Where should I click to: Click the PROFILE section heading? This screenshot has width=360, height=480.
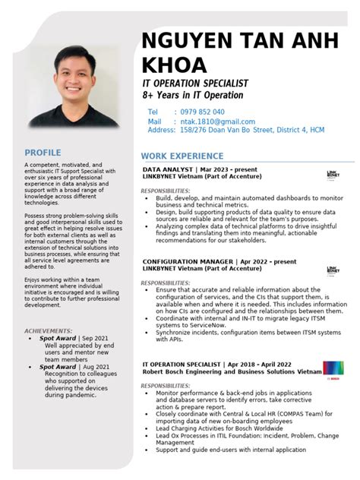tap(43, 152)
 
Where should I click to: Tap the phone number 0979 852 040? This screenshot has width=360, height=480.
tap(199, 112)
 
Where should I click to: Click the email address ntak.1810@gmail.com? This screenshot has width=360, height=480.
tap(217, 122)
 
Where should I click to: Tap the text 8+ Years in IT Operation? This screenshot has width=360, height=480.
tap(193, 95)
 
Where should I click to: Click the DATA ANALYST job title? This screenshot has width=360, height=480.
tap(168, 169)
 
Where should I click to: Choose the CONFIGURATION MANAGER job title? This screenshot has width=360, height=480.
tap(188, 261)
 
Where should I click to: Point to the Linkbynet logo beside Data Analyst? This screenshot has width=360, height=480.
tap(333, 174)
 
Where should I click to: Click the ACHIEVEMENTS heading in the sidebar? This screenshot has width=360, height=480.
tap(49, 331)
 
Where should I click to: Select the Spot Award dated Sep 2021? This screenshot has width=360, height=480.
tap(58, 338)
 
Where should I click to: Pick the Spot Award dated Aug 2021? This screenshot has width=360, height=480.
tap(58, 367)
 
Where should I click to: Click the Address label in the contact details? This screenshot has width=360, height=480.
tap(161, 131)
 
